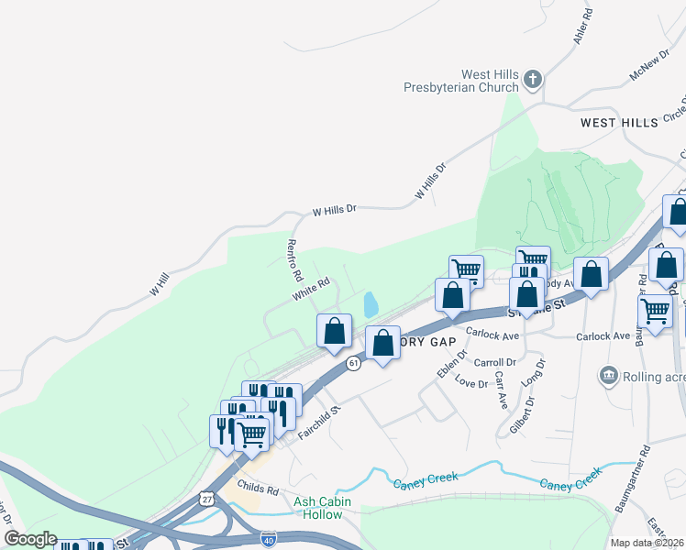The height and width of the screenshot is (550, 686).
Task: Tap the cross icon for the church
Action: tap(534, 80)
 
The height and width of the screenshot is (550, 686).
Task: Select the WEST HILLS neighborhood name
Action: tap(619, 122)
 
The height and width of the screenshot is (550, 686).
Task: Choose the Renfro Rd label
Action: tap(293, 259)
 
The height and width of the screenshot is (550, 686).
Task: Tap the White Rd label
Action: tap(311, 289)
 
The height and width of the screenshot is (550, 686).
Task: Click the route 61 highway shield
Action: tap(353, 363)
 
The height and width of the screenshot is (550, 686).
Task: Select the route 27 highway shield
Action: tap(207, 500)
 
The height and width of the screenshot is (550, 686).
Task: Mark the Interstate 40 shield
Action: tap(268, 538)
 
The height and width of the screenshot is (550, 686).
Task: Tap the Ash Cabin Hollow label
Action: tap(317, 508)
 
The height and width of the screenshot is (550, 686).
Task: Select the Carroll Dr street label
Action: tap(496, 362)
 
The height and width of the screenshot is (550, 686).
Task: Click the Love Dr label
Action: tap(470, 383)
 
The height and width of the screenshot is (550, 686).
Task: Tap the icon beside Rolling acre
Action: tap(607, 375)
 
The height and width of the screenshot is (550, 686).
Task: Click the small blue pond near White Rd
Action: tap(370, 303)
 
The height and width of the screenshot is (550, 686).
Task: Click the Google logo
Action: tap(30, 539)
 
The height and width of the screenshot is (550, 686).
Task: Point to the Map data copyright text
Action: tap(646, 543)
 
